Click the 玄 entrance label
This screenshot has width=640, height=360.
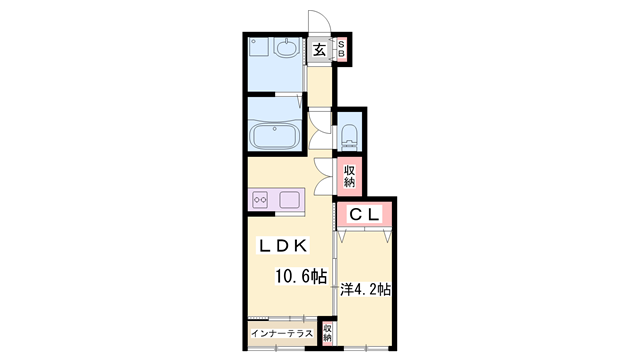(x=319, y=50)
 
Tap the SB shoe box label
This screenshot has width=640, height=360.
(x=341, y=49)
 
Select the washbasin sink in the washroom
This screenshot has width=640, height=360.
(x=287, y=48)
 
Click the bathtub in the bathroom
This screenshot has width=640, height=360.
(x=276, y=136)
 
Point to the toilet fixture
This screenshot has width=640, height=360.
(x=349, y=136)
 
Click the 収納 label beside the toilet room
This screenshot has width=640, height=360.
(x=349, y=176)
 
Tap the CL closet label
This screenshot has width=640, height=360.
(x=364, y=214)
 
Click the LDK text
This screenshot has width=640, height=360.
(x=282, y=246)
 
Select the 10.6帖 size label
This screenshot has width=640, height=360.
(x=301, y=277)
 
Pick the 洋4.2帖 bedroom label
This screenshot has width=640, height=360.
(x=366, y=290)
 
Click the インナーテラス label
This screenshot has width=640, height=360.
(x=282, y=333)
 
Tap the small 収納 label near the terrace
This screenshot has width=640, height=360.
(x=327, y=333)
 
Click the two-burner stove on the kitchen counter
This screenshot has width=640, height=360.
(x=260, y=200)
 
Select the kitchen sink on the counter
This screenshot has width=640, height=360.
(x=289, y=200)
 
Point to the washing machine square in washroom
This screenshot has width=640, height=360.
(x=258, y=47)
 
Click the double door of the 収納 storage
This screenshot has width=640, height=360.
(x=324, y=176)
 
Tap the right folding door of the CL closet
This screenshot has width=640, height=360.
(x=387, y=236)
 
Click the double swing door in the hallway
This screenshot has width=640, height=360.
(x=320, y=130)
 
